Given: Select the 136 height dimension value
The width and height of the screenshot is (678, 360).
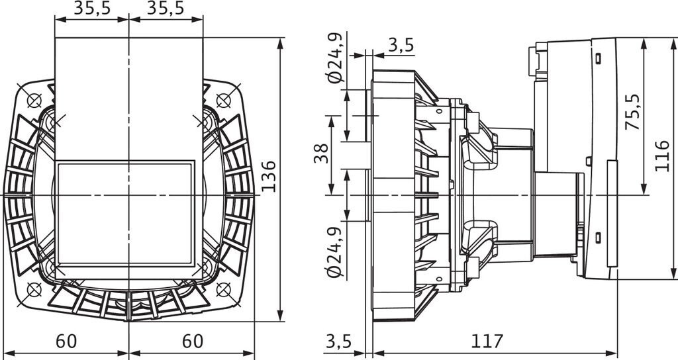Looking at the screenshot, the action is pos(268,175).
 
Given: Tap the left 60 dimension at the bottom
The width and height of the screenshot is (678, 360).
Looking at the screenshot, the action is pos(66,341).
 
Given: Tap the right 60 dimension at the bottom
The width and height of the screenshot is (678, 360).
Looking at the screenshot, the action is pos(192,341).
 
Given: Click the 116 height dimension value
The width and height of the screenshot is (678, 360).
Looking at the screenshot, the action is pos(663,156).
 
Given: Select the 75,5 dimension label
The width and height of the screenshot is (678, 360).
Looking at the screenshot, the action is pos(634,111).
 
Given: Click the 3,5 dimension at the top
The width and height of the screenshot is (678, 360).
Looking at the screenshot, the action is pos(401,45).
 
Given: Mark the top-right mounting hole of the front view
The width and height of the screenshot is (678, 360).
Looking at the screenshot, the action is pos(222,101).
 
